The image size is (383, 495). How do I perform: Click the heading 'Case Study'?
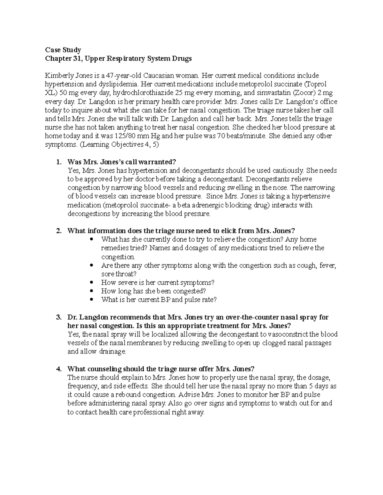pyautogui.click(x=63, y=50)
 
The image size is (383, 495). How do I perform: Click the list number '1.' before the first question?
pyautogui.click(x=58, y=162)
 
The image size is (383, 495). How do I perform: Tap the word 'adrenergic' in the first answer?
pyautogui.click(x=209, y=205)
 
